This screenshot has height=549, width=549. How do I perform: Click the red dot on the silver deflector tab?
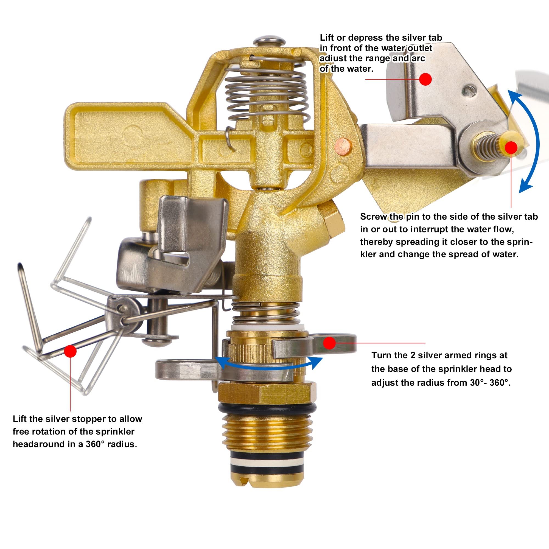pos(425,79)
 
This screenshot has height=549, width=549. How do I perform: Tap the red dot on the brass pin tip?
pos(511,147)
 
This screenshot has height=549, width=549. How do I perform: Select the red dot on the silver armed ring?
pos(329,343)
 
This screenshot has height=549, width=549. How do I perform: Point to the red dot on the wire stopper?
pos(70,351)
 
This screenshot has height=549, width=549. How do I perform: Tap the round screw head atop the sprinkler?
pos(269,40)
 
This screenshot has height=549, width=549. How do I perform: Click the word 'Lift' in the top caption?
pos(327,38)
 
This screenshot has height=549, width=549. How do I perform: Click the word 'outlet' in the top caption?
pos(419,48)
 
